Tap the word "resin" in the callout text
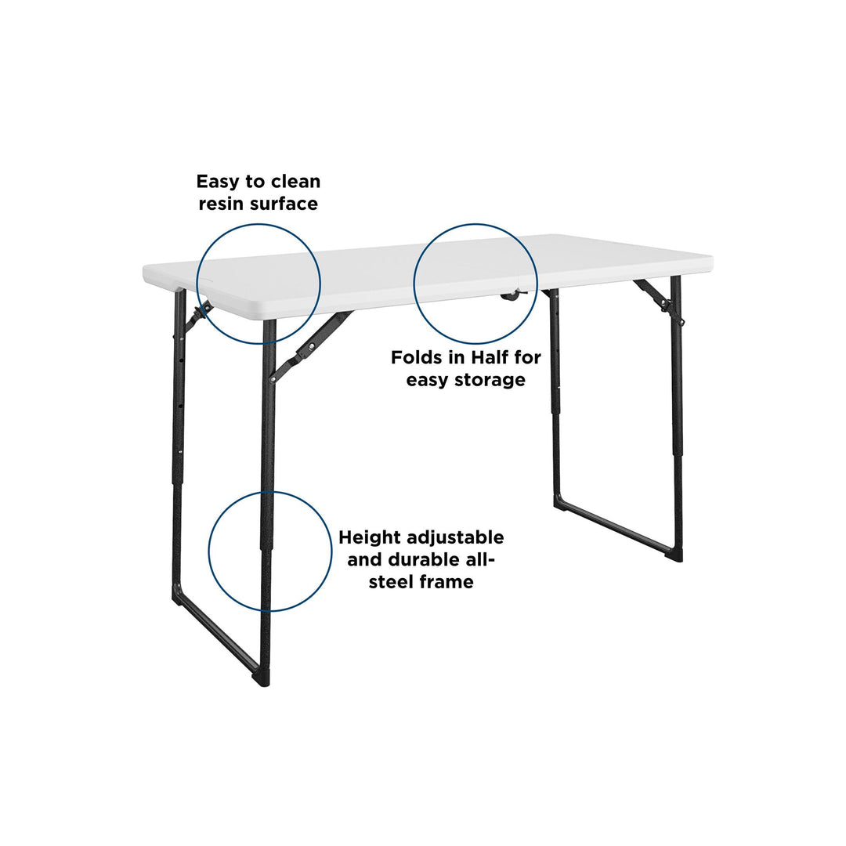[219, 204]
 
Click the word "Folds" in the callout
[415, 357]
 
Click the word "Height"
[370, 538]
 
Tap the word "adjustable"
[456, 538]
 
